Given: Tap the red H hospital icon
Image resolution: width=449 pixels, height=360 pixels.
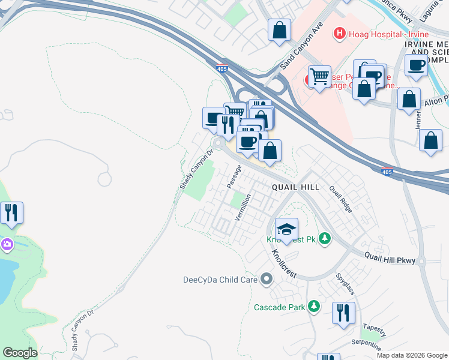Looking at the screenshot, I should (x=340, y=33).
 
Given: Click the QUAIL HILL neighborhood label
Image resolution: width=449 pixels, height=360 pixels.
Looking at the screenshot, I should (x=295, y=187).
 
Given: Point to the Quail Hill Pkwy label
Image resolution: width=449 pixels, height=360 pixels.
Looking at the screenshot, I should (x=390, y=257).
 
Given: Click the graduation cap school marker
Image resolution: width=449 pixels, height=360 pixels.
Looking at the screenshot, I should (x=287, y=229).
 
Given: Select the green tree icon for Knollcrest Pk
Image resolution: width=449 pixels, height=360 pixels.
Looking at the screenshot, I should (x=325, y=239).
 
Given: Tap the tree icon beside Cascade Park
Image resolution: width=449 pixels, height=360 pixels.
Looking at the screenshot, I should (x=313, y=307).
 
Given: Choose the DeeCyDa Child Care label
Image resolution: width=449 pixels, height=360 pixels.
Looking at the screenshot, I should (x=220, y=280).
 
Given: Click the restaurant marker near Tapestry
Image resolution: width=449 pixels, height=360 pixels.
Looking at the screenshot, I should (x=343, y=313).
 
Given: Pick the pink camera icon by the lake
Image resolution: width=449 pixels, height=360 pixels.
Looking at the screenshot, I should (x=7, y=244).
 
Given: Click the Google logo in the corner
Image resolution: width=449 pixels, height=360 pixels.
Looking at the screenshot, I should (x=20, y=352).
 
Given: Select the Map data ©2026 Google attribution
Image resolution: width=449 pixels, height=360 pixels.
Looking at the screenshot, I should (x=411, y=355).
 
